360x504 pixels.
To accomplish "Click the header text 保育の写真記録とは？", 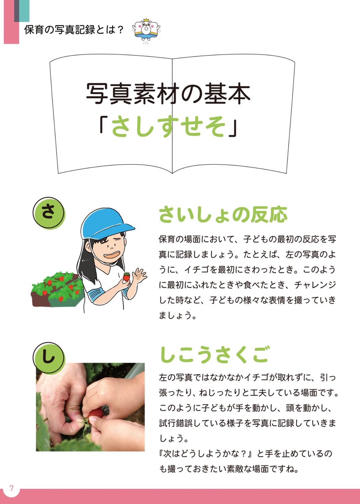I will tap(74, 31).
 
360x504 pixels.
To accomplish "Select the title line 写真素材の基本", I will tap(168, 94).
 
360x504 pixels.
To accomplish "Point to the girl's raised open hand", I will tap(139, 276).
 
